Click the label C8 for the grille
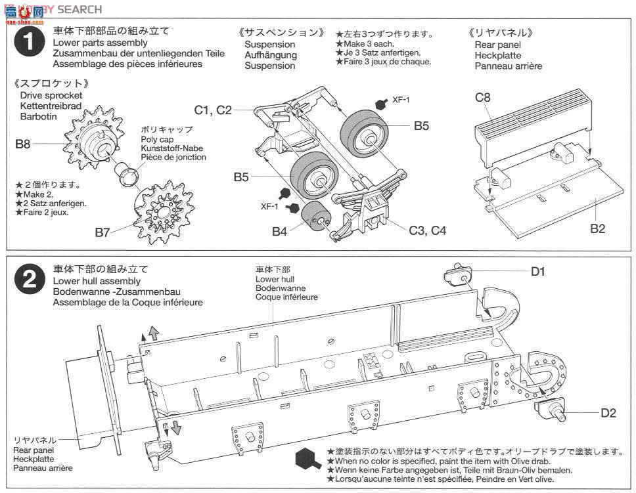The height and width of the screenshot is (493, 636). coord(483,98)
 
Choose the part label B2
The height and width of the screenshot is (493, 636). coord(597,228)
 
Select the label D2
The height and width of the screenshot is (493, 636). coord(608,414)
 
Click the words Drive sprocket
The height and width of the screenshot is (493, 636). coord(51,96)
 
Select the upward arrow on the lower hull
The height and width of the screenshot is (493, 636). coord(154,332)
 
